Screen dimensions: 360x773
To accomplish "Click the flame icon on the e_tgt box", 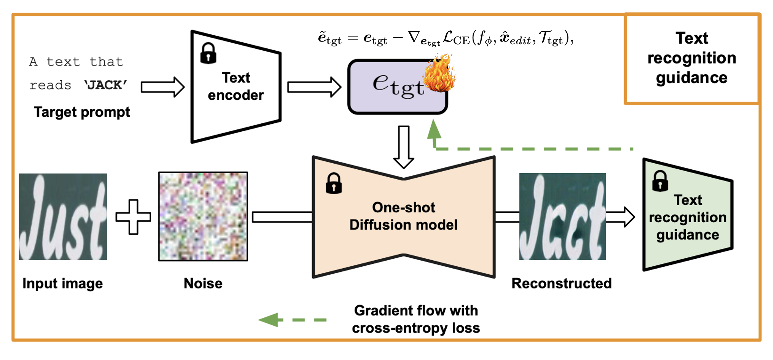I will point(439,73).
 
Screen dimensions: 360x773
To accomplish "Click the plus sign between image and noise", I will point(133,217).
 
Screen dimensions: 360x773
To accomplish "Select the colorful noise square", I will point(203,217).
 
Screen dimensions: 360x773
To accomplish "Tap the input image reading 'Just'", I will point(63,217).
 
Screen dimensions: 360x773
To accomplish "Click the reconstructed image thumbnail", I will point(562,217).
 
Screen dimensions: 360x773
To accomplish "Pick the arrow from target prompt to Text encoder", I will point(163,87).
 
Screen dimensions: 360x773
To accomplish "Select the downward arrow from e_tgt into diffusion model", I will point(404,147).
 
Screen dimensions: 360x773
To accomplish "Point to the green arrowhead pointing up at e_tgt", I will point(434,129).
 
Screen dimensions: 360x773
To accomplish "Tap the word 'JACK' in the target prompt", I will point(105,85).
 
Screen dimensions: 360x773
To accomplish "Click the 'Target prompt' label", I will point(82,112).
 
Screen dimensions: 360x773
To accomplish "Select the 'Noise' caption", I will point(203,284).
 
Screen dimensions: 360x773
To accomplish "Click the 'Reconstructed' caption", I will point(561,284).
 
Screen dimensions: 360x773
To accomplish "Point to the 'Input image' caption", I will point(62,284).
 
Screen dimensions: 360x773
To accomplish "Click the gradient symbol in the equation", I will point(414,37).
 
